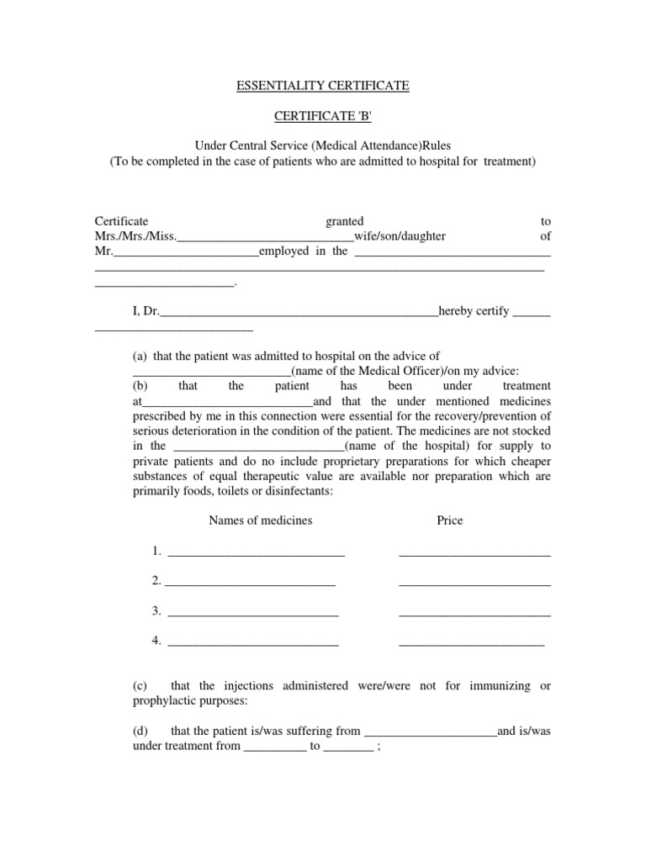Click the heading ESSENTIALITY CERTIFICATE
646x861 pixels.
pyautogui.click(x=322, y=86)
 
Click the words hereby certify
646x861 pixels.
pyautogui.click(x=474, y=311)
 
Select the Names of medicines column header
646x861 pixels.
pyautogui.click(x=260, y=520)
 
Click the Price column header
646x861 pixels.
pyautogui.click(x=449, y=520)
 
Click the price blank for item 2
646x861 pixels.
pyautogui.click(x=474, y=583)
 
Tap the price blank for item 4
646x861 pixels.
pyautogui.click(x=471, y=643)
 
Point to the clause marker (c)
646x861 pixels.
pyautogui.click(x=140, y=686)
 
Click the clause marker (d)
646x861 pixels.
pyautogui.click(x=140, y=732)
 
